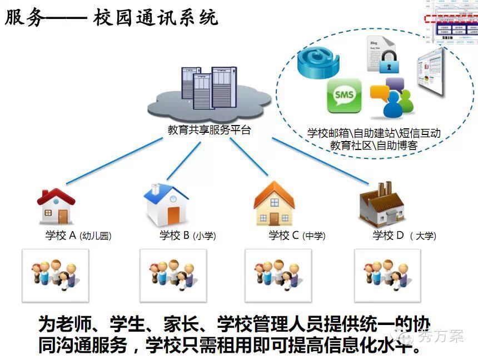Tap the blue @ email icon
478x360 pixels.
click(x=318, y=62)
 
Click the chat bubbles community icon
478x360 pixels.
click(x=392, y=98)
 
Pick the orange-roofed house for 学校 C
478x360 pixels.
click(x=273, y=203)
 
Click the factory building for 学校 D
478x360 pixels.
click(x=383, y=203)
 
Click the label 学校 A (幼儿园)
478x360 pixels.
click(x=78, y=236)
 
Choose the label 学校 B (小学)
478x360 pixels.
click(x=187, y=236)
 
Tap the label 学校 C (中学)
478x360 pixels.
click(x=297, y=236)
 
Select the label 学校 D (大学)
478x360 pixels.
click(x=404, y=236)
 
